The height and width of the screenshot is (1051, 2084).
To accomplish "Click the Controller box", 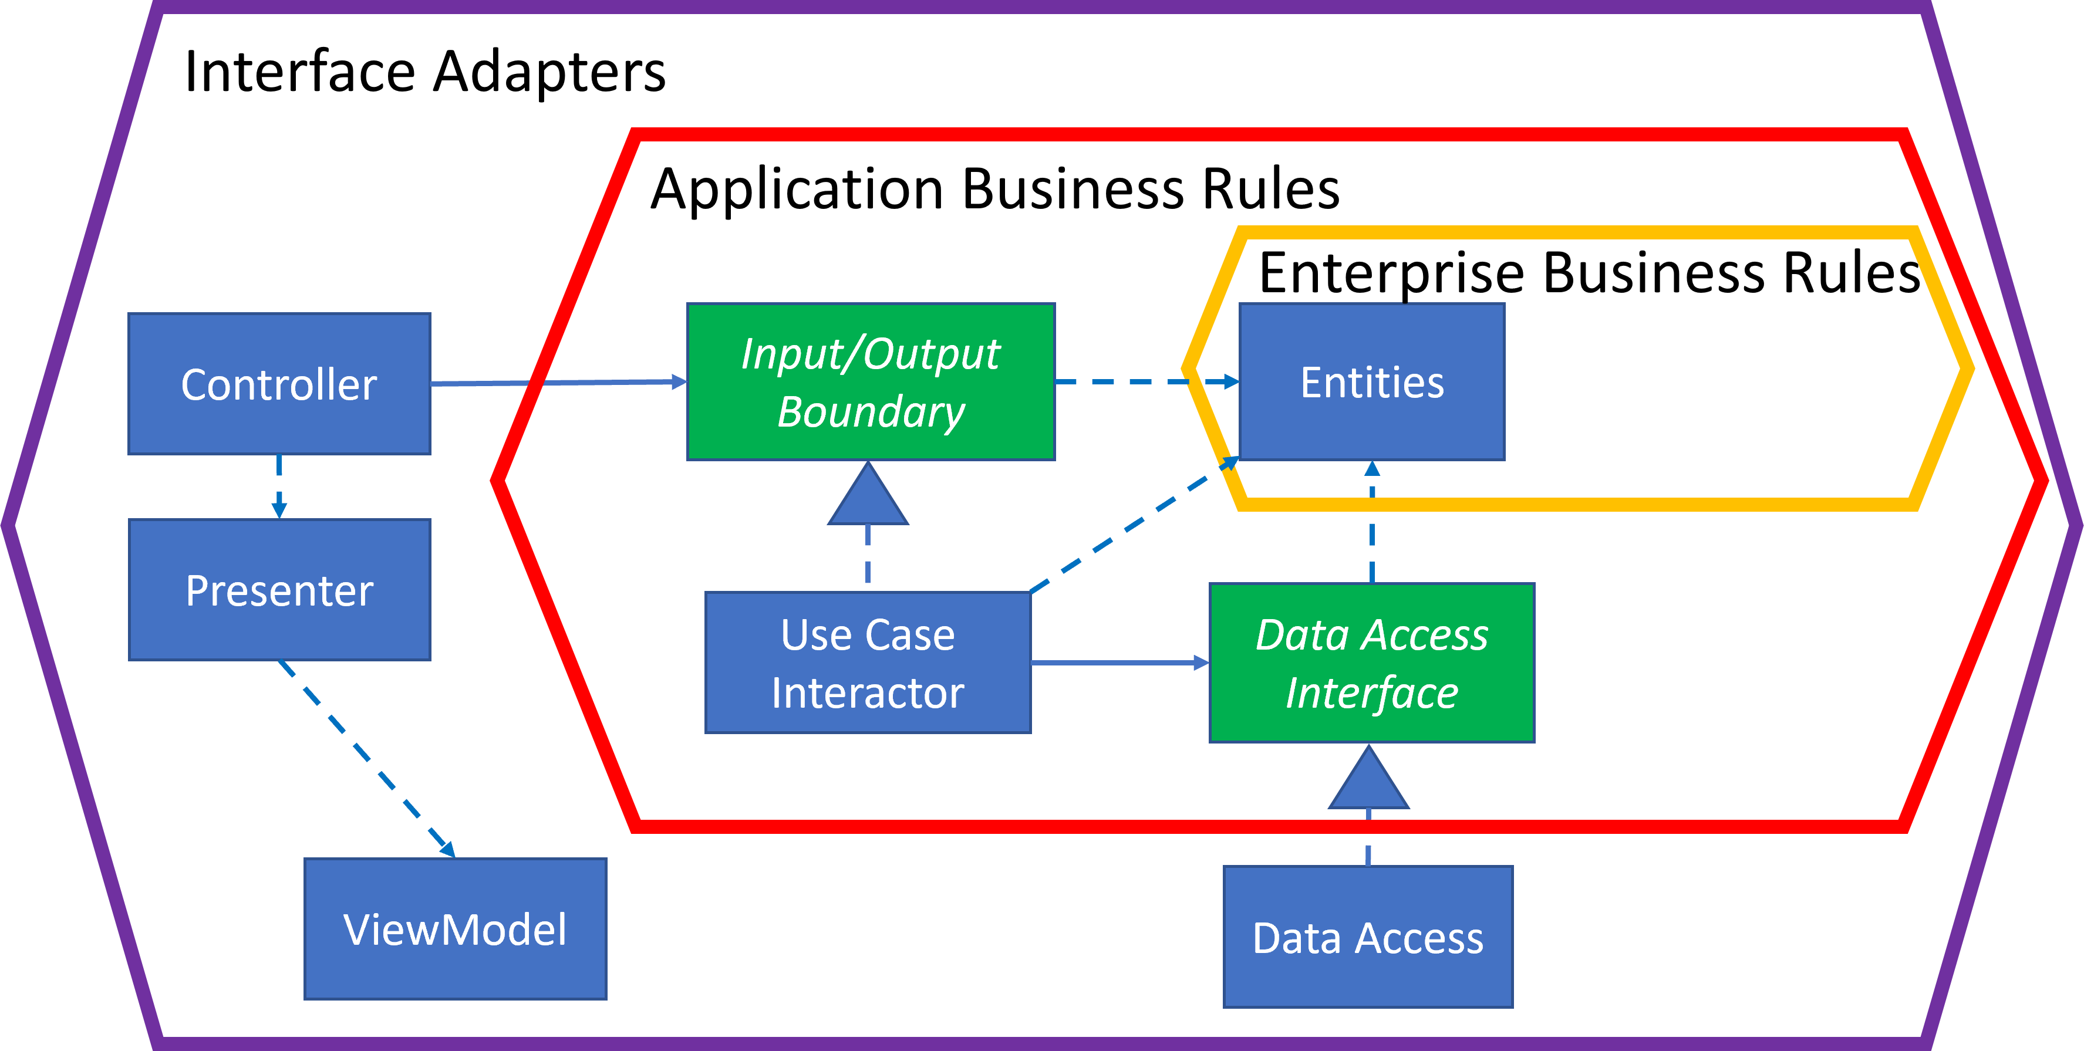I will point(279,384).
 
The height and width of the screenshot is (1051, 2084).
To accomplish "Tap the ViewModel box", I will point(454,929).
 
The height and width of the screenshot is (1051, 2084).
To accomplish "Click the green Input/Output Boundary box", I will point(871,381).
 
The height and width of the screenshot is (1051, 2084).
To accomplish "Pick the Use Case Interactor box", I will point(867,663).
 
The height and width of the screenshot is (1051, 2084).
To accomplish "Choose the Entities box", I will point(1372,381).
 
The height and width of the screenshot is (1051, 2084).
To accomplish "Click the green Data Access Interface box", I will point(1371,663).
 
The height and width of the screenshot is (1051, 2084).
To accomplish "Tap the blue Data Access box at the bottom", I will point(1367,937).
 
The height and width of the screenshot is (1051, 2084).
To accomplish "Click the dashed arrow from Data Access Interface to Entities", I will point(1372,526).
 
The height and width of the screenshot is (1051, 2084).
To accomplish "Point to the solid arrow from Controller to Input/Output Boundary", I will point(558,383).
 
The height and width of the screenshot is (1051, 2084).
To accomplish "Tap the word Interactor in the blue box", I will point(867,693).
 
